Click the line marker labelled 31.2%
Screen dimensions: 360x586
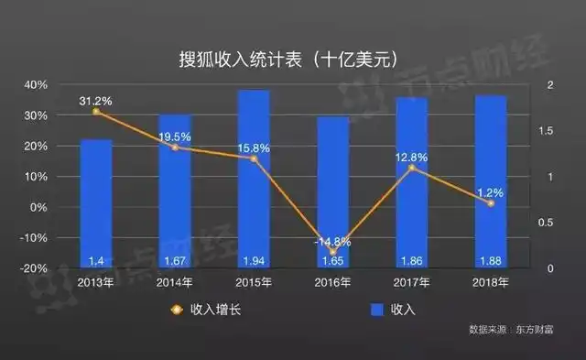point(96,112)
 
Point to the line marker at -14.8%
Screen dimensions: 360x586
point(332,252)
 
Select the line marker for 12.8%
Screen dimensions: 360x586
point(411,168)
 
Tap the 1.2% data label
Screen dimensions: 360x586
point(490,192)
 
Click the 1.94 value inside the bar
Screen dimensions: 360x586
point(254,261)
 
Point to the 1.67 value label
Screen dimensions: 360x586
point(175,261)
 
